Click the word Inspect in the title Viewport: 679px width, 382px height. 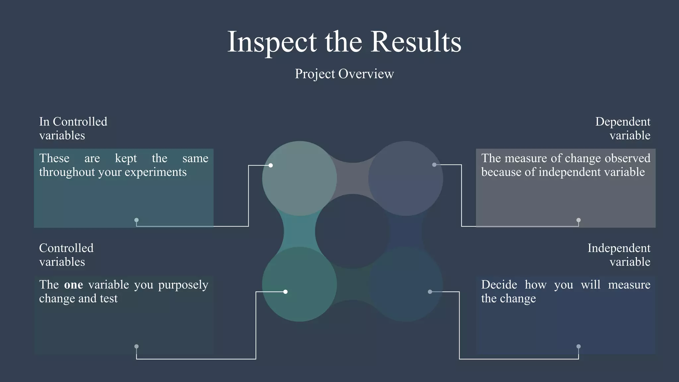pyautogui.click(x=272, y=42)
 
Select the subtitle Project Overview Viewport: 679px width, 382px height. pyautogui.click(x=344, y=74)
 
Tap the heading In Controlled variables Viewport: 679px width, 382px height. pyautogui.click(x=73, y=128)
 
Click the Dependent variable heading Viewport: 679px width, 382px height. pyautogui.click(x=623, y=128)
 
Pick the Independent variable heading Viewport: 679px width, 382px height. pyautogui.click(x=619, y=255)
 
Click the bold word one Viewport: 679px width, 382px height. pyautogui.click(x=73, y=285)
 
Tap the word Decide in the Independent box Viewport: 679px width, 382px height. pyautogui.click(x=499, y=285)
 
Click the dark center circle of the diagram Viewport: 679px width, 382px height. pyautogui.click(x=352, y=231)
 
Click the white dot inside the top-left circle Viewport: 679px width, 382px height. pyautogui.click(x=271, y=165)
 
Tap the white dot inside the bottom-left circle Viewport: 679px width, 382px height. pyautogui.click(x=285, y=292)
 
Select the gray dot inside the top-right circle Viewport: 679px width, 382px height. pyautogui.click(x=434, y=165)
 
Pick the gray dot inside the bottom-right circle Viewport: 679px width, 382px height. pyautogui.click(x=430, y=292)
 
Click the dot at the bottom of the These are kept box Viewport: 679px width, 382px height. pyautogui.click(x=136, y=220)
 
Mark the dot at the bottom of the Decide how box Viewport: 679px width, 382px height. pyautogui.click(x=579, y=347)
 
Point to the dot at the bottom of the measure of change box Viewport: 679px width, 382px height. pyautogui.click(x=579, y=220)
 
